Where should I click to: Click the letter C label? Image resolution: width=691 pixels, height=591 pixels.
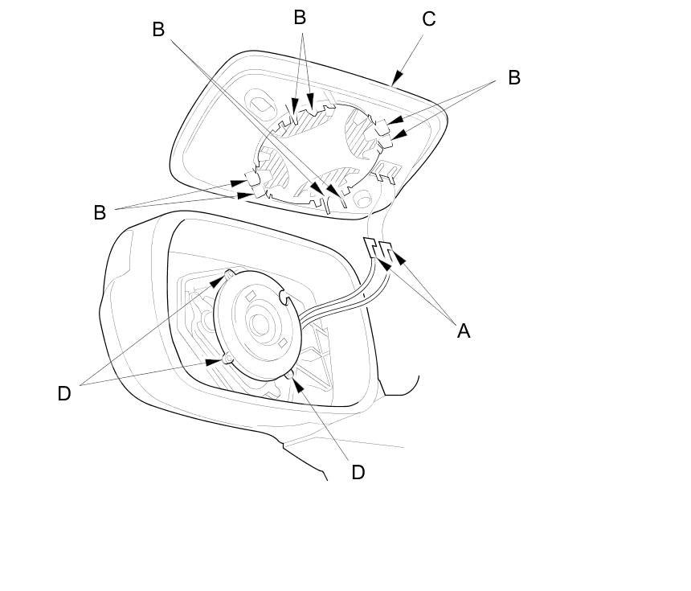click(428, 19)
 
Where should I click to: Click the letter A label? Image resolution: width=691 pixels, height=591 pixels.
click(463, 330)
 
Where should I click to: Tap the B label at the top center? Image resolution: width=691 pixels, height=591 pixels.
click(300, 18)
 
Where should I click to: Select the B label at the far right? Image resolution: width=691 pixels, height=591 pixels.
click(514, 77)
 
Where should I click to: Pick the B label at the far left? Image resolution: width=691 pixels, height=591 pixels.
click(100, 212)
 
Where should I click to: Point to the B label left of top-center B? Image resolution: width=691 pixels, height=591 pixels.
click(158, 30)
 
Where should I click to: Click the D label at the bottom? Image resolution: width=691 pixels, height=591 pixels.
click(358, 472)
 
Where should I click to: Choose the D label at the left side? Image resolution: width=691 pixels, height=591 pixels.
click(64, 393)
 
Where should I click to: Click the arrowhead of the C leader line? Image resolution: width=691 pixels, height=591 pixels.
click(397, 78)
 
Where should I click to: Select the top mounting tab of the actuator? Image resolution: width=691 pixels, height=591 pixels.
click(230, 275)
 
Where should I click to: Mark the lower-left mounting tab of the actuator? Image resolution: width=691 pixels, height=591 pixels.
click(227, 359)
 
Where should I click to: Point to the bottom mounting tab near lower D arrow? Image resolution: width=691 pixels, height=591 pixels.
click(289, 376)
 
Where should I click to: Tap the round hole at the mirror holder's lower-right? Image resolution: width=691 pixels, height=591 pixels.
click(362, 199)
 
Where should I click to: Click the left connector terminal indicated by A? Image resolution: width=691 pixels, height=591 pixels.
click(371, 247)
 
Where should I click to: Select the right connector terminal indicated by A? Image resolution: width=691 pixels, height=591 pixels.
click(386, 250)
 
